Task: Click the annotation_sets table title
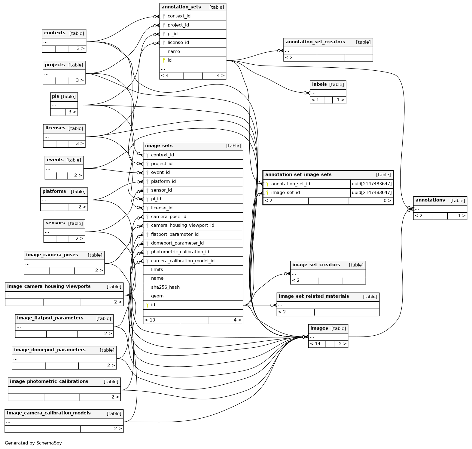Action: tap(181, 7)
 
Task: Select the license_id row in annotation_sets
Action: tap(178, 42)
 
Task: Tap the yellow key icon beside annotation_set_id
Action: tap(267, 184)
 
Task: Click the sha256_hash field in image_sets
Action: tap(165, 287)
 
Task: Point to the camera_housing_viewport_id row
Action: tap(182, 225)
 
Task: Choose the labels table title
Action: tap(319, 84)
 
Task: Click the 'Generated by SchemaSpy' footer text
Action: tap(33, 443)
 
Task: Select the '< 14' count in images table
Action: tap(315, 344)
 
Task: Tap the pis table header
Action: tap(55, 97)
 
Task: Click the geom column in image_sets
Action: tap(157, 296)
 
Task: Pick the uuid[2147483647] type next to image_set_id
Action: tap(372, 192)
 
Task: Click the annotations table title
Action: tap(430, 200)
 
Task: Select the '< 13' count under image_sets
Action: tap(150, 320)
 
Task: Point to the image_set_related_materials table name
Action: tap(314, 296)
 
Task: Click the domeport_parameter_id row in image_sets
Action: tap(177, 243)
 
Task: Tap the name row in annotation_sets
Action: tap(174, 51)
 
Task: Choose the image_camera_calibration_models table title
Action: tap(49, 413)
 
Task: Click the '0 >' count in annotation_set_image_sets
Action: tap(387, 201)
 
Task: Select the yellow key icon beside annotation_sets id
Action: tap(164, 60)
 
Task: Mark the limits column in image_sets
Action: tap(157, 269)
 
